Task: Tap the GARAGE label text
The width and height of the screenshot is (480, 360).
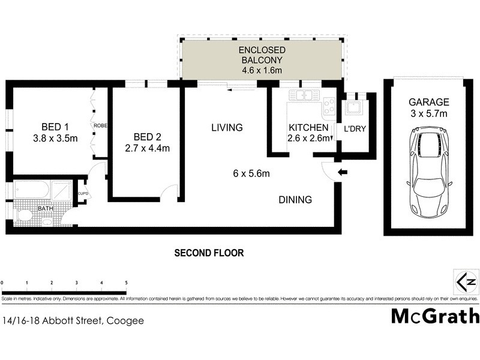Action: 428,102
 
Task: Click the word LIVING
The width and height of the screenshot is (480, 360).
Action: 227,127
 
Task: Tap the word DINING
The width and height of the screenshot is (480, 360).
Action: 295,200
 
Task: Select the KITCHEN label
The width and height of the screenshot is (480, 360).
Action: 308,128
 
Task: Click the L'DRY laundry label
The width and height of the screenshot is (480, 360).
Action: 355,128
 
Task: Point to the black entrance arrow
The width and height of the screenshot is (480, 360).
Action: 342,173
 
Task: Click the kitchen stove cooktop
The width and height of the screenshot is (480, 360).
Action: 329,107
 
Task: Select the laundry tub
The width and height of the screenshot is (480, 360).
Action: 352,108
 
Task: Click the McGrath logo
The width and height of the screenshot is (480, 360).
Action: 435,316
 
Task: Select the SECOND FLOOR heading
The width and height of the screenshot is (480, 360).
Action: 209,253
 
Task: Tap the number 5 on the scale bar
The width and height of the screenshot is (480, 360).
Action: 126,282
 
